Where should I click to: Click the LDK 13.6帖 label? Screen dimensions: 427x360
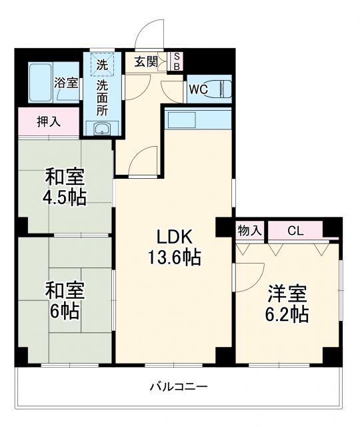[x=175, y=246]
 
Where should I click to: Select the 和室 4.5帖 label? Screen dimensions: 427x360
[x=65, y=187]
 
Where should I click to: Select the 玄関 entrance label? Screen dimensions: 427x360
[x=146, y=63]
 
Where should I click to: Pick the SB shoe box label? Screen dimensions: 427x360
[x=177, y=62]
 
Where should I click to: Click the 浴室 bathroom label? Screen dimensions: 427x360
[x=66, y=84]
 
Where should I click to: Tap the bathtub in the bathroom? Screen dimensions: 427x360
[x=41, y=81]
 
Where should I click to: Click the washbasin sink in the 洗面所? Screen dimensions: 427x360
[x=102, y=129]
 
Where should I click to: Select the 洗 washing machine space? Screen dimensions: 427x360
[x=102, y=65]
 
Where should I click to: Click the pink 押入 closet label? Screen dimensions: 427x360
[x=47, y=122]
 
